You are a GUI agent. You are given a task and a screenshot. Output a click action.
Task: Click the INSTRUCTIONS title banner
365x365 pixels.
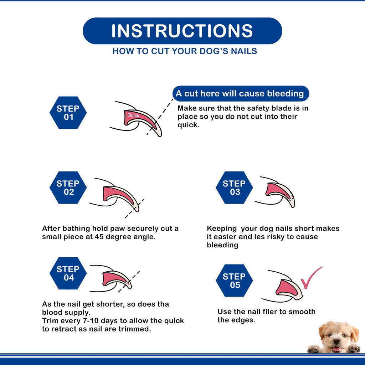point(182,31)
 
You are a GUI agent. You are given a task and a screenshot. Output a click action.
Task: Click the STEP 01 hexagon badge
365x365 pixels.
point(68,113)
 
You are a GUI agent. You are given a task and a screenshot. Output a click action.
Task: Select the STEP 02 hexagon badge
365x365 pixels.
point(68,187)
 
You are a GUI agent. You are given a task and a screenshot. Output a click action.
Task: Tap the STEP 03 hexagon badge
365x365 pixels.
point(234,187)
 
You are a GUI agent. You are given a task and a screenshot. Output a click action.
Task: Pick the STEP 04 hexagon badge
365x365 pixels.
point(68,273)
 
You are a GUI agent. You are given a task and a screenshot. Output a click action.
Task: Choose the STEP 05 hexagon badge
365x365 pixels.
point(234,281)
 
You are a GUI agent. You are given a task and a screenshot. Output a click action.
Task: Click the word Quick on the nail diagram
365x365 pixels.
point(133,115)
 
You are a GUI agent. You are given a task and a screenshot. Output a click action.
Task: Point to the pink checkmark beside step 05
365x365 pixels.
point(310,278)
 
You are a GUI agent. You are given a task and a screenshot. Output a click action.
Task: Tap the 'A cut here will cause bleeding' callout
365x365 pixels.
point(240,94)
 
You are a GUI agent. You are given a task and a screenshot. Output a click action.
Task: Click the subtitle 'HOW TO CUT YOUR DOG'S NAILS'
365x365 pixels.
point(185,51)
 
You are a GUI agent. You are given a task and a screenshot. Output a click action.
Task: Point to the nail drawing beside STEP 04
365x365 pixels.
point(116,279)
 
